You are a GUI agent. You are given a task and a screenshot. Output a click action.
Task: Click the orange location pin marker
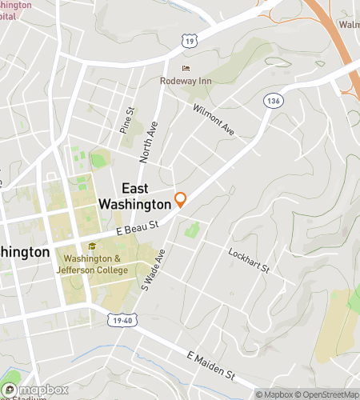pos(181,200)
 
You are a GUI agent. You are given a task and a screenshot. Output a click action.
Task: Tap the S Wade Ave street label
pos(153,270)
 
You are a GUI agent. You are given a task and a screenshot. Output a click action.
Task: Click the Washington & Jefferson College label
pos(96,265)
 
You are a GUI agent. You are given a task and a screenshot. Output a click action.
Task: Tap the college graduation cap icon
pos(93,247)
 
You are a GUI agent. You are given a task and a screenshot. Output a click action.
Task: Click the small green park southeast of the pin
pos(191,231)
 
